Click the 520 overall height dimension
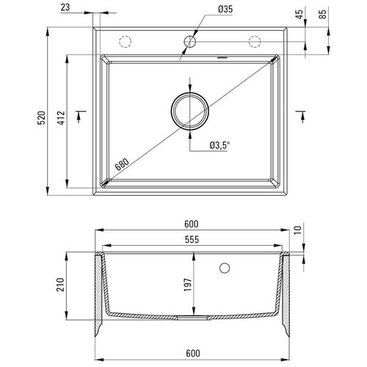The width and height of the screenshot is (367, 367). click(x=41, y=118)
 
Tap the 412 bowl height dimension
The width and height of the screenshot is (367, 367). click(x=62, y=118)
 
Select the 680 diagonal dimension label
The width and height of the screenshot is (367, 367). click(x=122, y=164)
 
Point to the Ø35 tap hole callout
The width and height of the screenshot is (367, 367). click(x=225, y=10)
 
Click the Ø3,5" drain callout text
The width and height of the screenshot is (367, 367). click(x=219, y=145)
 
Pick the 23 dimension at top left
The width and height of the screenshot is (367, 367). click(x=65, y=7)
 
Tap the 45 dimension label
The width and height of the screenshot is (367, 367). click(x=299, y=14)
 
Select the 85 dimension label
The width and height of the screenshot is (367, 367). click(x=323, y=14)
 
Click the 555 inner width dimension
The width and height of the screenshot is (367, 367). click(x=192, y=239)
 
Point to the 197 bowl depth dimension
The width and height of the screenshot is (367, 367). click(x=188, y=285)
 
